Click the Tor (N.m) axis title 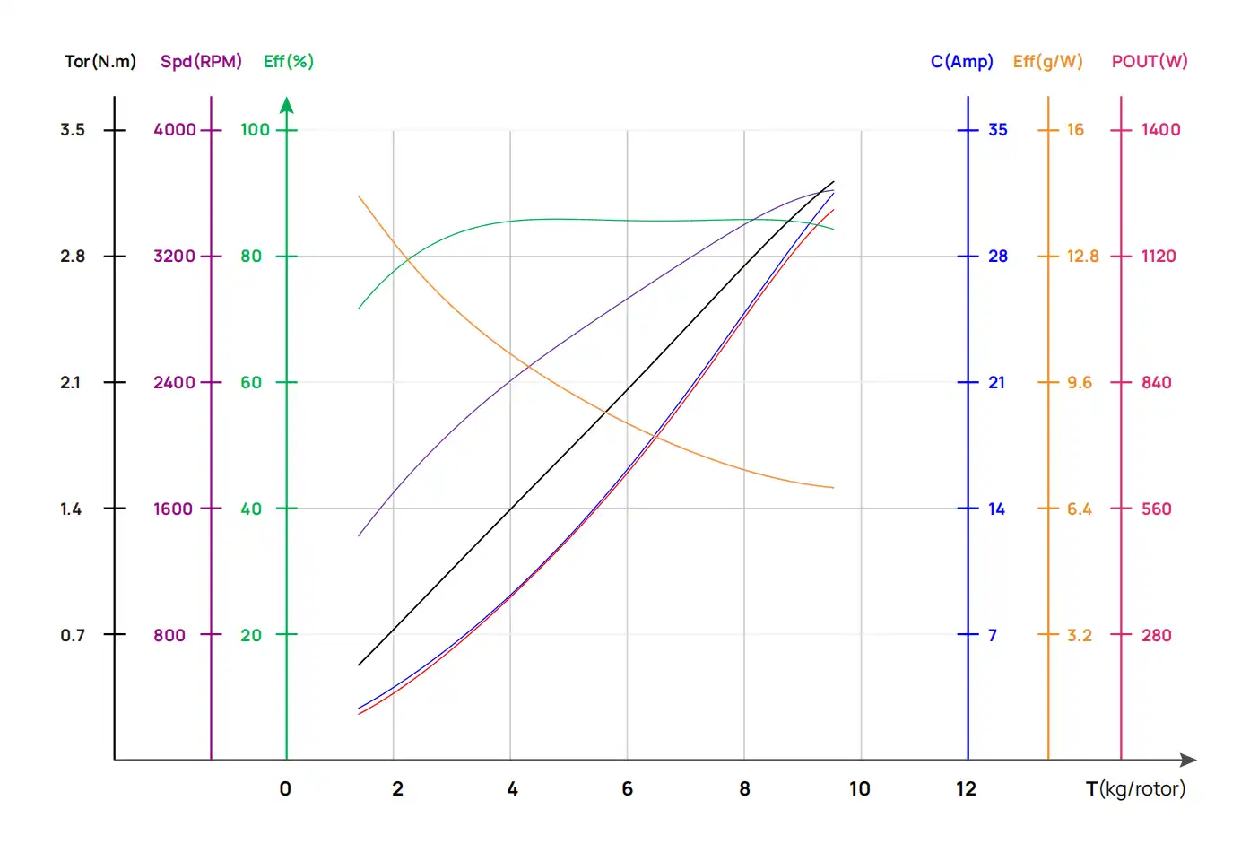point(100,62)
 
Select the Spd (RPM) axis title point(201,62)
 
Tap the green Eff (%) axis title point(288,62)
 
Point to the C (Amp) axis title point(961,62)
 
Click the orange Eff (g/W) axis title point(1047,62)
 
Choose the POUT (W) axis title point(1149,62)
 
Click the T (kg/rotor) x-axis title point(1134,788)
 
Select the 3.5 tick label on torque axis point(73,130)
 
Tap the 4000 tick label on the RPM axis point(174,130)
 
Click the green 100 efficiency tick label point(255,130)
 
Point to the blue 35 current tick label point(997,130)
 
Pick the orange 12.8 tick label point(1082,257)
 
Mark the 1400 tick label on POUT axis point(1160,130)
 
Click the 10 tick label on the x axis point(859,789)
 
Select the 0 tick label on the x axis point(285,789)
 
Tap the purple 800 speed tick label point(169,636)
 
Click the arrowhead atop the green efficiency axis point(287,106)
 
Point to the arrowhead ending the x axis point(1188,761)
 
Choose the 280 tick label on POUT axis point(1156,636)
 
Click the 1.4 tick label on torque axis point(71,509)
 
